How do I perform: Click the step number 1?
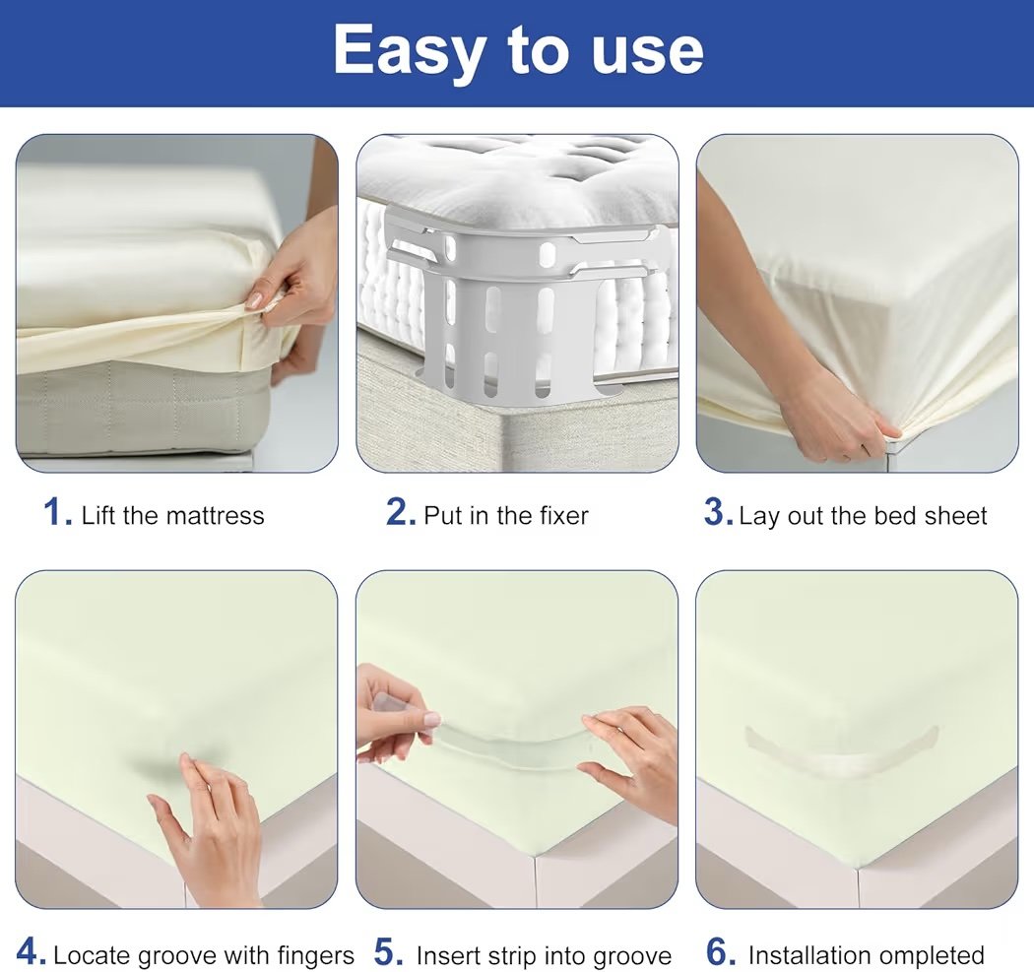click(x=57, y=512)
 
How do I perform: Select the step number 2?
click(x=400, y=512)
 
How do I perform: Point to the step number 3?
click(x=719, y=512)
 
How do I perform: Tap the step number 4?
click(x=31, y=951)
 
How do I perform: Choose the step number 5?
click(x=388, y=951)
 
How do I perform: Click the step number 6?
click(x=720, y=951)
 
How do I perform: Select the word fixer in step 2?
click(x=564, y=516)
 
